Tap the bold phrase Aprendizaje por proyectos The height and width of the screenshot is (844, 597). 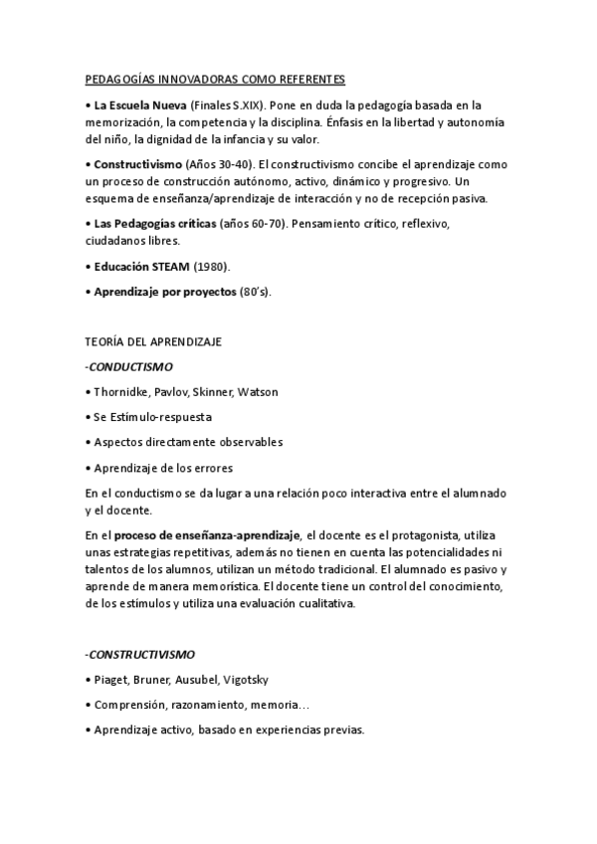[x=165, y=292]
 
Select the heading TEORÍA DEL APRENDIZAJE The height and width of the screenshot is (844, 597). [x=154, y=342]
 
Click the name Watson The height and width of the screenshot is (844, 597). [x=258, y=392]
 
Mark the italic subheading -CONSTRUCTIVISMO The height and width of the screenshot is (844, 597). [x=140, y=655]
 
